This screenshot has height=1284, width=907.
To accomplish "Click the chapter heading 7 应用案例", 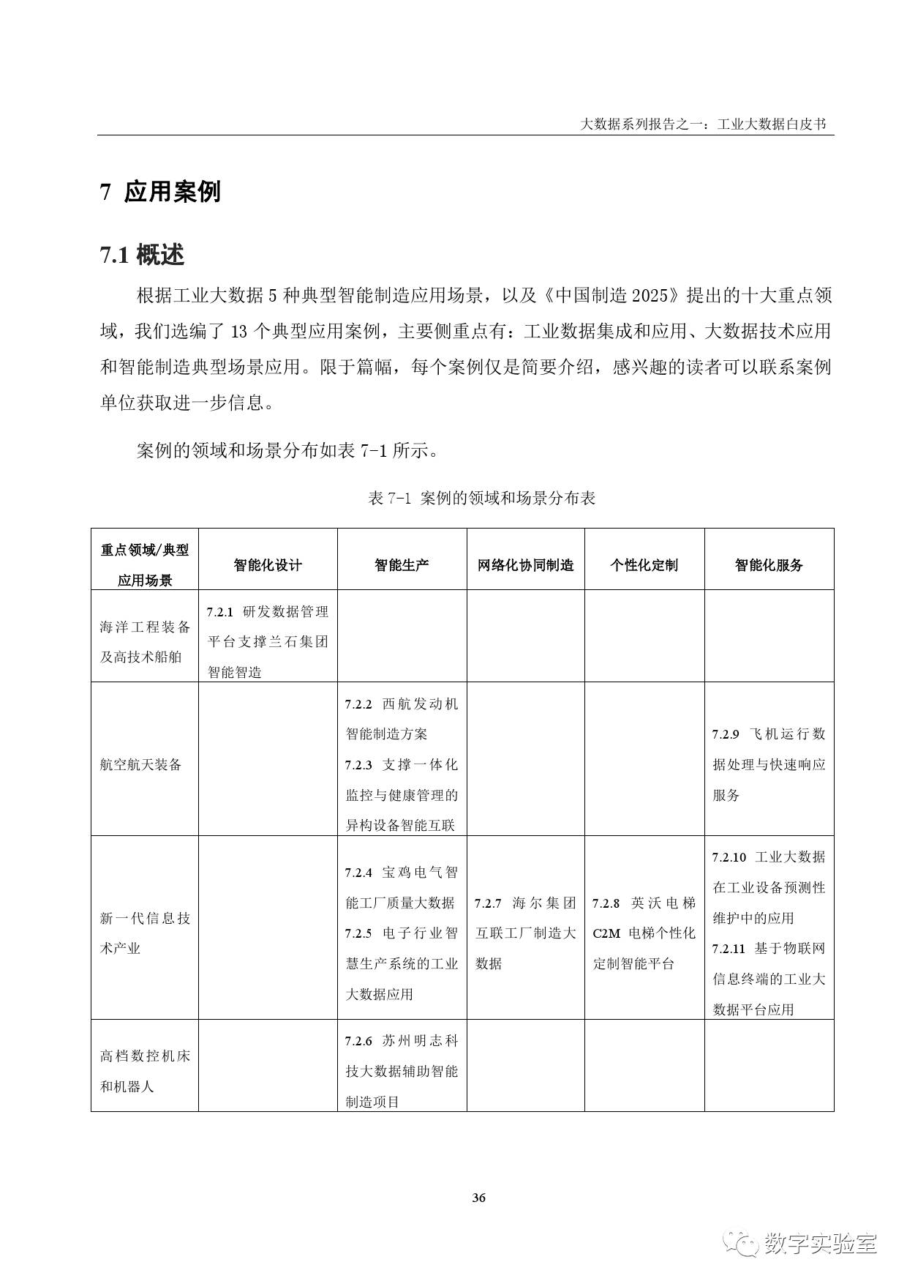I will tap(160, 192).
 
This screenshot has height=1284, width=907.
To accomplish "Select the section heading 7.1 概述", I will tap(142, 255).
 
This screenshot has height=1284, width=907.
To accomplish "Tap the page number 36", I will tap(478, 1198).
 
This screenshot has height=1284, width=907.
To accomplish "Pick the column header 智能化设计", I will tap(268, 565).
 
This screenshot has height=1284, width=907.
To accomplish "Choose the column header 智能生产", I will tap(402, 565).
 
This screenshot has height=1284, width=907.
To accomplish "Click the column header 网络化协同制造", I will tap(525, 565).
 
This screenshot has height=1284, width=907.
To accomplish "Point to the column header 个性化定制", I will tap(644, 565).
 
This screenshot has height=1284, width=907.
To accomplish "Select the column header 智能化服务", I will tap(769, 565).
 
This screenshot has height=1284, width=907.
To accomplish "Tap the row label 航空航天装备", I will tap(140, 765).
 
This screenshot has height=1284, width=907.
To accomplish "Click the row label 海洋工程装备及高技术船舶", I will tap(144, 641).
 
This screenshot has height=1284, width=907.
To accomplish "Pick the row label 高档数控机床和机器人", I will tap(144, 1071).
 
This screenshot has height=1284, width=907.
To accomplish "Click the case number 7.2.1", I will tap(219, 612).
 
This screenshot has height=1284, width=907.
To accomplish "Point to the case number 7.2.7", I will tap(488, 903).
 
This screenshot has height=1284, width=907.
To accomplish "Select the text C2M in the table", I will tap(606, 934).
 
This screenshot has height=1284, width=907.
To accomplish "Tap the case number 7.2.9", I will tap(726, 734).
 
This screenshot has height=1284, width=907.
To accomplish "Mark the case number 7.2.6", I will tap(358, 1041).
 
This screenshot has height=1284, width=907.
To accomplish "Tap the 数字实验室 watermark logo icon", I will tap(741, 1242).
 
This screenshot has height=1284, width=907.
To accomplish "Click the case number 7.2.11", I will tap(729, 949).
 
